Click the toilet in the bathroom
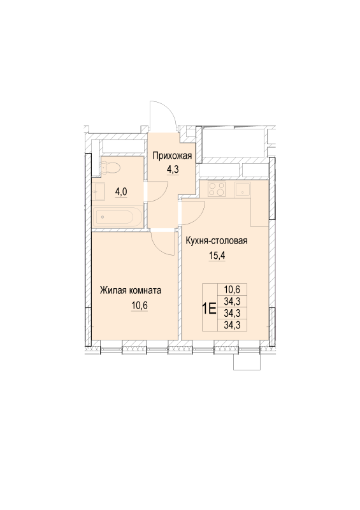pos(111,168)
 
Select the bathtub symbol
pos(117,217)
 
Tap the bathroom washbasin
pos(98,193)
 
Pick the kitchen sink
pos(242,189)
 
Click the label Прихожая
pos(173,156)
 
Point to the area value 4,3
pos(173,170)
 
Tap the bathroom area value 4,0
pos(120,192)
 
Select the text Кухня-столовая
pos(217,241)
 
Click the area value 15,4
pos(217,256)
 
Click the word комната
pos(145,291)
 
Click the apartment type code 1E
pos(209,308)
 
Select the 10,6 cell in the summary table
pos(232,289)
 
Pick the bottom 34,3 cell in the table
pos(232,324)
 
